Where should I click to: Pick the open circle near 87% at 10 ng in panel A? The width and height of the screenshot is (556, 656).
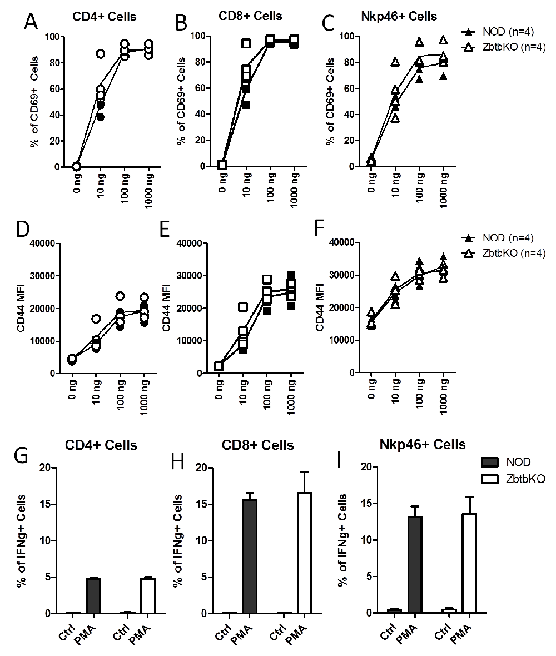[x=101, y=54]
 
